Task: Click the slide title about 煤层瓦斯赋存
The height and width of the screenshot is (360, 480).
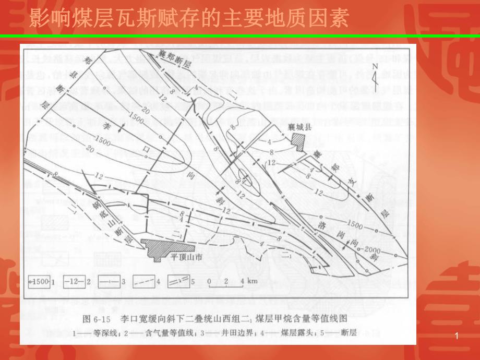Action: pyautogui.click(x=188, y=19)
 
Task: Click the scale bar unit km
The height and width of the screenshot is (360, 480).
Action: pyautogui.click(x=253, y=281)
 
